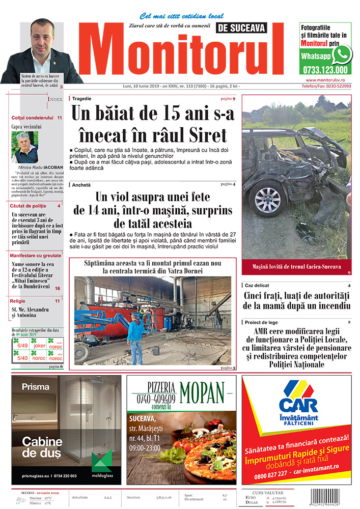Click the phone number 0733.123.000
324,70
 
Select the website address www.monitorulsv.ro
326,80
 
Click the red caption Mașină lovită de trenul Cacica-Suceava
297,266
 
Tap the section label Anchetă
81,184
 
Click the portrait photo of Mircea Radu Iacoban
24,147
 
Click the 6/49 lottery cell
22,346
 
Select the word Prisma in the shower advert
35,387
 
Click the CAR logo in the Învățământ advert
298,402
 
